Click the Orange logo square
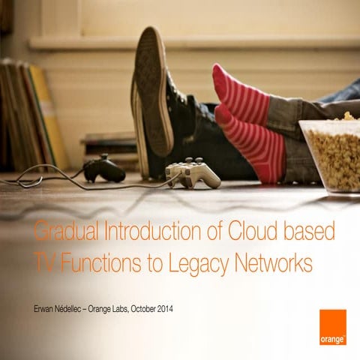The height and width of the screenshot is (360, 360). tap(332, 326)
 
